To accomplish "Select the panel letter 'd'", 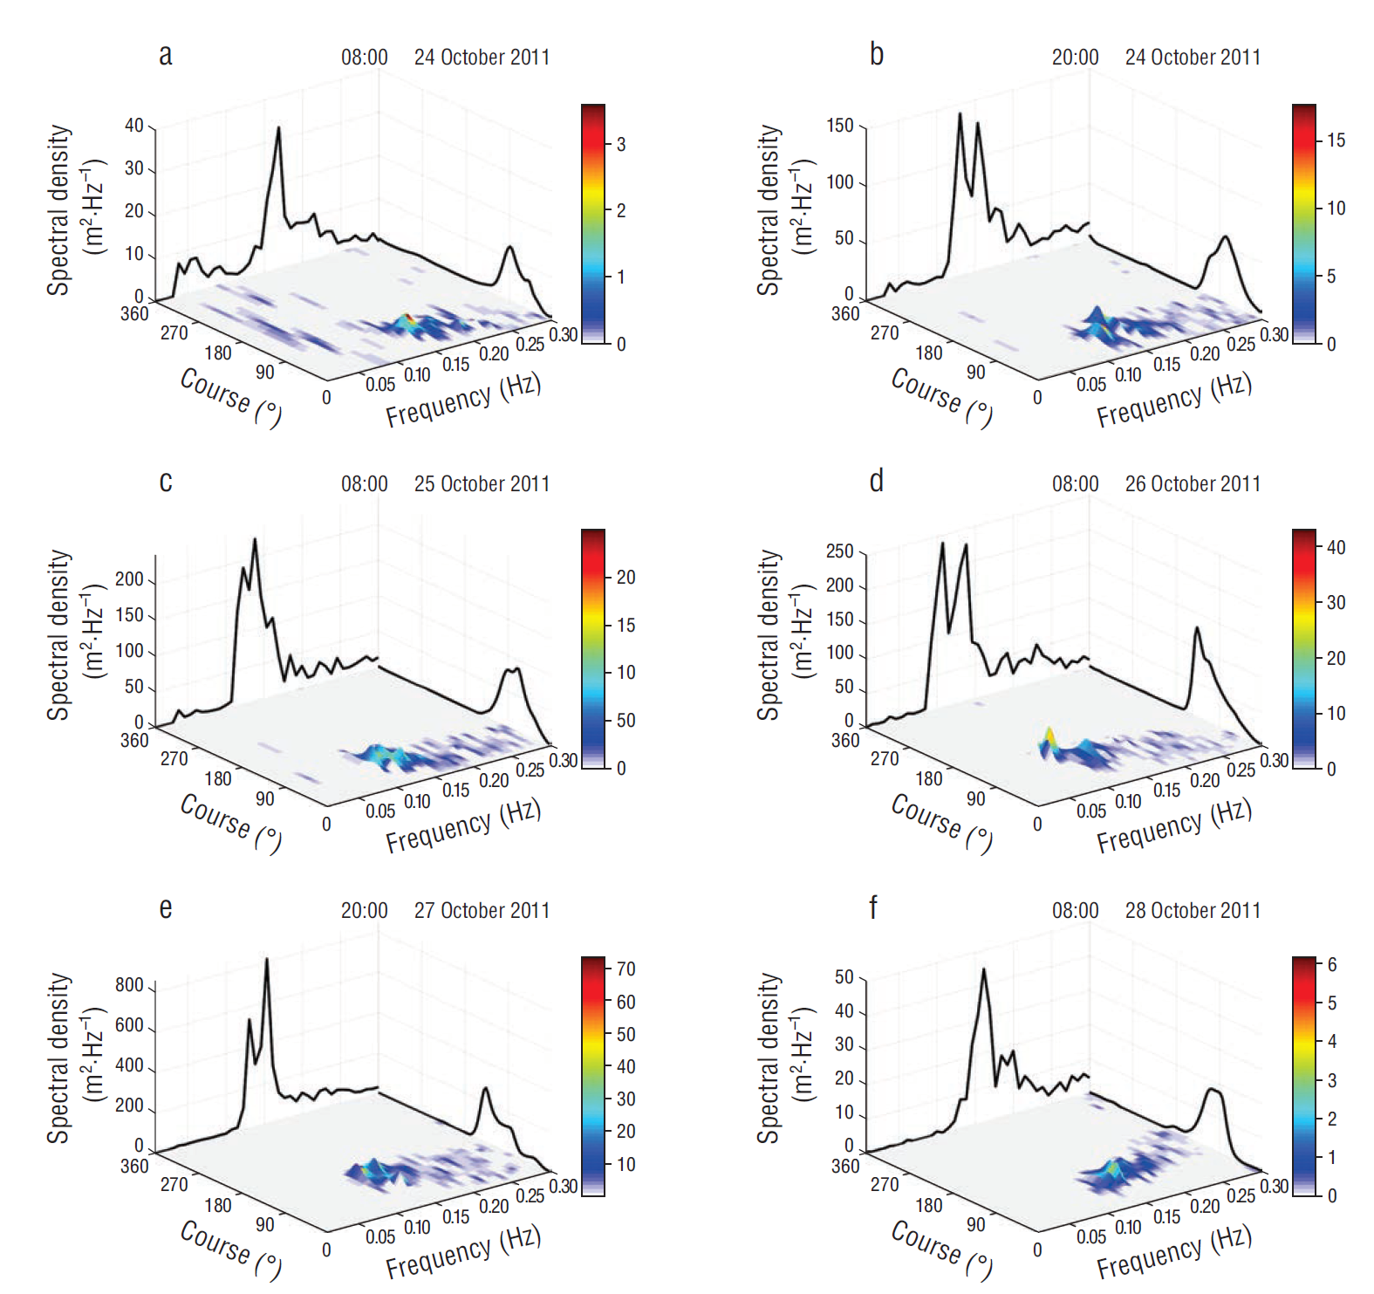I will tap(876, 481).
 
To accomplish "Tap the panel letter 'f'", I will tap(873, 907).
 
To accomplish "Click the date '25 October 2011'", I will tap(482, 484).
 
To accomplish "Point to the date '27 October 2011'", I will tap(482, 911).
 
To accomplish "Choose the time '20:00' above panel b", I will tap(1075, 58).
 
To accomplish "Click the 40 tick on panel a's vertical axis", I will tap(134, 126).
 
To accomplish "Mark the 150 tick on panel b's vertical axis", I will tap(840, 126).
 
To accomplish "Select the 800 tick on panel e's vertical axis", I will tap(129, 985).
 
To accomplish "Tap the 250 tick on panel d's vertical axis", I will tap(839, 551).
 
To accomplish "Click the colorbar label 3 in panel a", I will tap(621, 145).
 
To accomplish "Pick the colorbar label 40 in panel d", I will tap(1336, 548).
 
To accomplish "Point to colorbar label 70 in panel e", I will tap(625, 969).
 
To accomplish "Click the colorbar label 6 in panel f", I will tap(1332, 965).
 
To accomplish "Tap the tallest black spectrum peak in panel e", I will tap(266, 960).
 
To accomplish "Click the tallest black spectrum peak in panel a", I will tap(278, 128).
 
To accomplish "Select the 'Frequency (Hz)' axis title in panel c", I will tap(463, 826).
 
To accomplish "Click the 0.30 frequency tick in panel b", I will tap(1275, 334).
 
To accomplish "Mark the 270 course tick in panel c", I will tap(174, 758).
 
